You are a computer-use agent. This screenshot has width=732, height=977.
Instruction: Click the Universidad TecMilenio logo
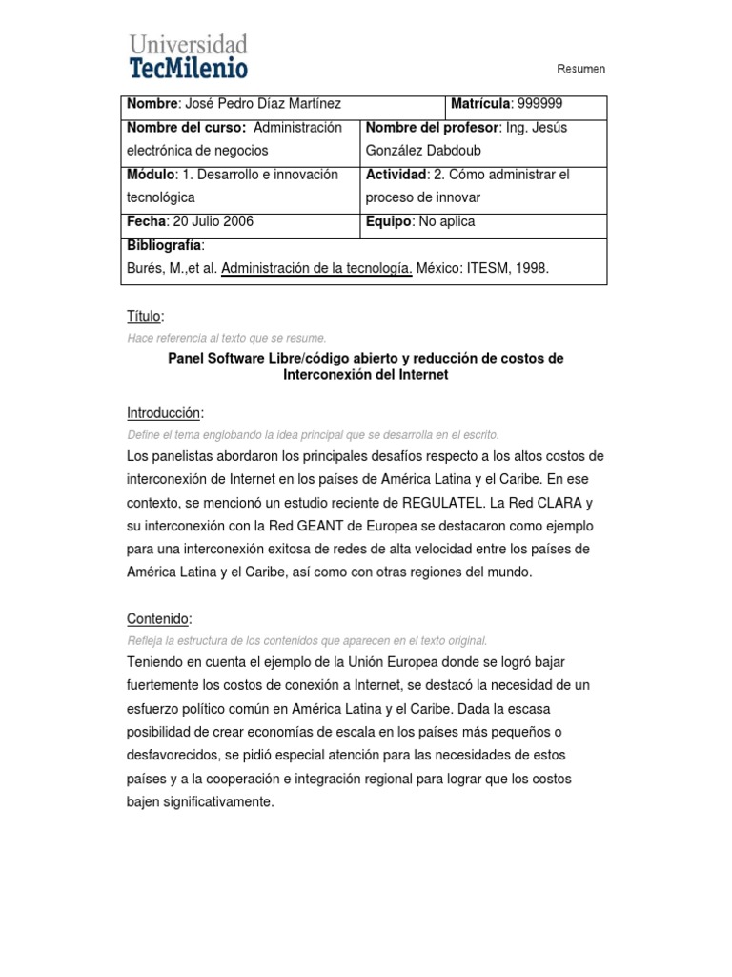point(188,55)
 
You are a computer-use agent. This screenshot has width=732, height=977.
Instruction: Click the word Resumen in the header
point(580,69)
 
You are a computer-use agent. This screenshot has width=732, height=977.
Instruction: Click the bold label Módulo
point(151,175)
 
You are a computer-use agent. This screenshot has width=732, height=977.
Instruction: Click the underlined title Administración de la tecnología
point(316,269)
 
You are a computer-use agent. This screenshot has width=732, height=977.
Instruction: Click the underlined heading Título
point(145,316)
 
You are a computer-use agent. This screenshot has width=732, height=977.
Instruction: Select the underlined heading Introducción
point(165,413)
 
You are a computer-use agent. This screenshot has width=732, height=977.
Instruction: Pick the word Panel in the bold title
point(188,358)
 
